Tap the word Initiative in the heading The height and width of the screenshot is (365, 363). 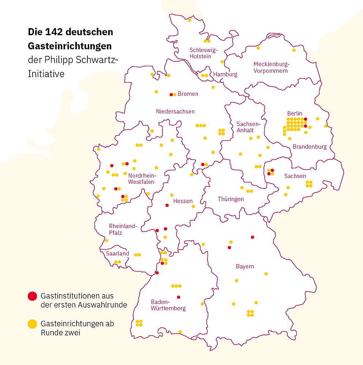46,74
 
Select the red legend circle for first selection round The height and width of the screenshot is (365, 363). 33,296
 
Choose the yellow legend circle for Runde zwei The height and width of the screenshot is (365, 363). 33,324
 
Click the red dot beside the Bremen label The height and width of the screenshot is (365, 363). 171,95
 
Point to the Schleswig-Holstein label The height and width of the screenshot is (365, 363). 203,53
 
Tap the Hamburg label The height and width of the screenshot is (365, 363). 225,75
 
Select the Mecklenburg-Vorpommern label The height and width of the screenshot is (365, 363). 271,68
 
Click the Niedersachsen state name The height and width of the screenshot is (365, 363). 175,111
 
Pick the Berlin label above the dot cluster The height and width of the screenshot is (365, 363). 295,113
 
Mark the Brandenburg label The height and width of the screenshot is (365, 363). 310,147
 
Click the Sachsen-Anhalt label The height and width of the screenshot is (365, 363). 248,127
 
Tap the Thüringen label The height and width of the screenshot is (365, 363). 231,199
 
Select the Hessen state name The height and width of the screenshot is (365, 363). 183,201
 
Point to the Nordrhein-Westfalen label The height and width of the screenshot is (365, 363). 141,179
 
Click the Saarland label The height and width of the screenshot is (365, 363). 117,253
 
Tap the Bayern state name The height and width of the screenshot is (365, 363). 245,266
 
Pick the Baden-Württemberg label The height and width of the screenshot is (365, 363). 168,305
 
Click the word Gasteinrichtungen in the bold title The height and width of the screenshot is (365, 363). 70,46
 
